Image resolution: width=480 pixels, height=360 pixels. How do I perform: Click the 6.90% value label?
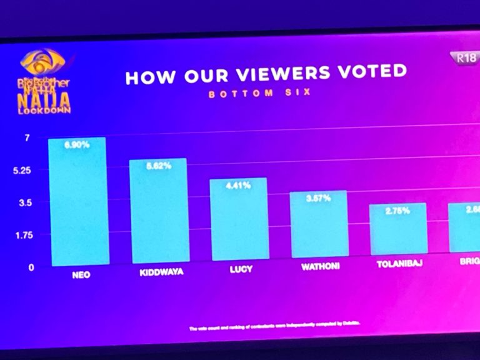click(77, 145)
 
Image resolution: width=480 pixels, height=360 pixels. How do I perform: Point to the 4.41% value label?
click(238, 185)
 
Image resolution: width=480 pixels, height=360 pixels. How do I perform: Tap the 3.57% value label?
click(317, 197)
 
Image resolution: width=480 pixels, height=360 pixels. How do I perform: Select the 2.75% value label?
click(397, 211)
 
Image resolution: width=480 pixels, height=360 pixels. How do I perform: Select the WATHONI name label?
click(319, 267)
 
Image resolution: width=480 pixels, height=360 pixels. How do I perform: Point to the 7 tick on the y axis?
click(27, 137)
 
